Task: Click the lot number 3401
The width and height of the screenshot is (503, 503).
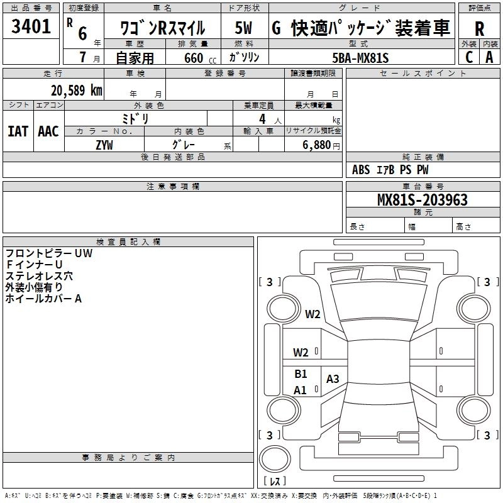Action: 31,26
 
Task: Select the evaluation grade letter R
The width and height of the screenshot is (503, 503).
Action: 479,29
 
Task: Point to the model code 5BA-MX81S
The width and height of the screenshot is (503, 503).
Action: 361,58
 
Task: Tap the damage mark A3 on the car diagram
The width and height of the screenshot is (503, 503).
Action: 333,379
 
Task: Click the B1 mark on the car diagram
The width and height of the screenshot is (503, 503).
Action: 301,373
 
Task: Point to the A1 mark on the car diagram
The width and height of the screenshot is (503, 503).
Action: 301,390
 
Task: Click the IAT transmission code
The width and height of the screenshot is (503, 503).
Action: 18,131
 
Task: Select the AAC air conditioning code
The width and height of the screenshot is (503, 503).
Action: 48,131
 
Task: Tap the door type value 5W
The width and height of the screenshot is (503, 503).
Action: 244,28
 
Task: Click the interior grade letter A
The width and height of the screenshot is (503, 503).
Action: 489,57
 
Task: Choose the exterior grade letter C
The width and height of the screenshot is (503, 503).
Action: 469,57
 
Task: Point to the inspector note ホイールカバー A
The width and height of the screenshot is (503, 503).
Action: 43,299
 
